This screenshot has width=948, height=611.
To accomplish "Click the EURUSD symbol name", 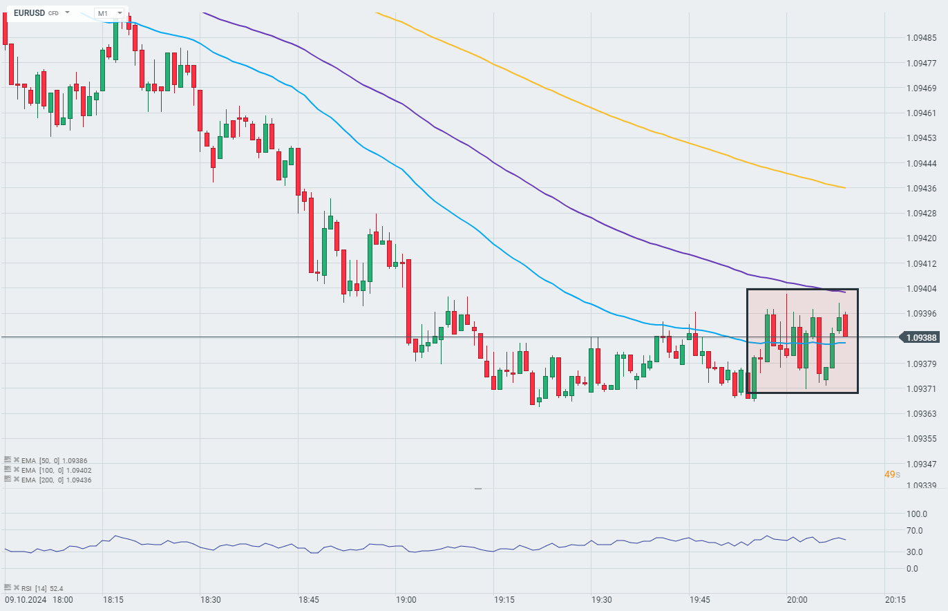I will (x=29, y=12).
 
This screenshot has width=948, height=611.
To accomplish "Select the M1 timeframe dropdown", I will (x=108, y=13).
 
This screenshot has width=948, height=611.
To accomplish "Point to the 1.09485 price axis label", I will (x=921, y=37).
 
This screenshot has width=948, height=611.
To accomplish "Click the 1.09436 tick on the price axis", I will (x=921, y=188).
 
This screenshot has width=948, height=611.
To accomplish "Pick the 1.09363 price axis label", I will (x=921, y=413).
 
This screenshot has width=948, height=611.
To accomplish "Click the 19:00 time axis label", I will (x=406, y=599).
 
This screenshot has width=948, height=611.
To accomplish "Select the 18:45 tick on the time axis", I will (x=308, y=599).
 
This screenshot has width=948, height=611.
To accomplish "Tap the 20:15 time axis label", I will (x=895, y=599).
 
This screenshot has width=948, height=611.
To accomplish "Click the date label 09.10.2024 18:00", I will (x=39, y=599).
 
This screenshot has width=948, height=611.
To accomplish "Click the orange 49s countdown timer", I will (x=892, y=474).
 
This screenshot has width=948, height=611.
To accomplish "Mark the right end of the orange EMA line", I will (x=845, y=187).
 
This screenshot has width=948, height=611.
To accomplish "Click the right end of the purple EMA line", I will (x=844, y=292).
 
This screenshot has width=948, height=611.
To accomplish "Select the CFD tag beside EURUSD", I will (x=53, y=13).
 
